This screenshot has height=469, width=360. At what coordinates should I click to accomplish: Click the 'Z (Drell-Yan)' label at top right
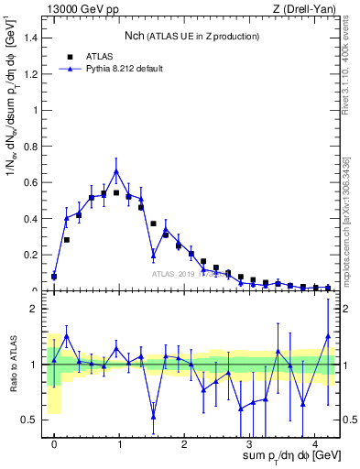304,8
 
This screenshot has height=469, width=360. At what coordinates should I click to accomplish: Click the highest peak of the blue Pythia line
116,170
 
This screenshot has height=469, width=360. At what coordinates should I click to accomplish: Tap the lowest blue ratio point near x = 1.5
153,416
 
